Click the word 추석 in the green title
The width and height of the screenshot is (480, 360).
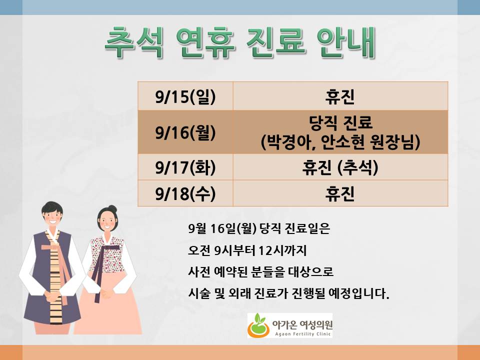[x=134, y=42]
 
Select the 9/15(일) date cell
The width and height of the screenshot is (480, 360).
[x=185, y=96]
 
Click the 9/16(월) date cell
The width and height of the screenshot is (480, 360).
[x=185, y=132]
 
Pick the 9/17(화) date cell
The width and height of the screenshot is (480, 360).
[x=185, y=167]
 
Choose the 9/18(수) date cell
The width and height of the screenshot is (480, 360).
[x=185, y=193]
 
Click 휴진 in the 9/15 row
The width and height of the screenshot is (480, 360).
[x=340, y=96]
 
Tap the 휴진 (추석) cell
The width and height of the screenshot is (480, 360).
[x=340, y=167]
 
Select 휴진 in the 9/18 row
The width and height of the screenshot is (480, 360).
[x=340, y=193]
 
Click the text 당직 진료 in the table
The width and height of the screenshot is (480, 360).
[x=340, y=122]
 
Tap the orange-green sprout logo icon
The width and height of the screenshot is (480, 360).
[x=258, y=325]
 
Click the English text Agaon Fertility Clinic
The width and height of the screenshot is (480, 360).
[x=303, y=334]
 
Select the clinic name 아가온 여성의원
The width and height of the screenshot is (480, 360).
[x=302, y=324]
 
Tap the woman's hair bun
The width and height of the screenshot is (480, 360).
[x=112, y=209]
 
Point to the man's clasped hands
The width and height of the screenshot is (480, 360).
[x=52, y=295]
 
